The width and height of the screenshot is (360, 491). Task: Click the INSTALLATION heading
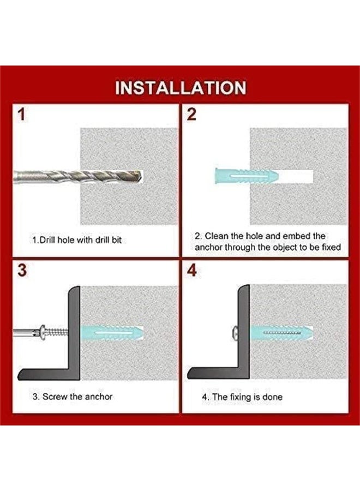click(x=181, y=88)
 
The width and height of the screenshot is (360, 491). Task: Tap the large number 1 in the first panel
click(x=21, y=115)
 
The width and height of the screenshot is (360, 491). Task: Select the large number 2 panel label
click(x=191, y=115)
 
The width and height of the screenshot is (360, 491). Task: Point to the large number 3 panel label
click(x=22, y=270)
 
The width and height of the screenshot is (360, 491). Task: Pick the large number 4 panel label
click(x=192, y=270)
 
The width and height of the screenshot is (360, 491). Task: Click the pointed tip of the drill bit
click(x=141, y=177)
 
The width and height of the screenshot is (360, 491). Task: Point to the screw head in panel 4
click(x=235, y=333)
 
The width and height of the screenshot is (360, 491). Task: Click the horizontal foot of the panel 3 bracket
click(x=46, y=374)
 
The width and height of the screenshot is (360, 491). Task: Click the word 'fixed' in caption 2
click(x=331, y=247)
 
